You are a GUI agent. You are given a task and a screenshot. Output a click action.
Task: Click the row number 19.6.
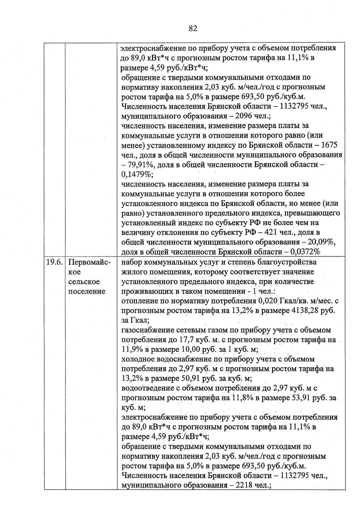tap(54, 262)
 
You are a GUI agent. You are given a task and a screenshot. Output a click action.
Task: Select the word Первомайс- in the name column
tap(89, 262)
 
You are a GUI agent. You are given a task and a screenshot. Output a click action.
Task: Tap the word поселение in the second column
tap(87, 291)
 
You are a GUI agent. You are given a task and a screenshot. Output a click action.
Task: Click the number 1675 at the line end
tap(329, 145)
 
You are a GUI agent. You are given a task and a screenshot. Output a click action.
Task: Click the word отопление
tap(138, 301)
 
